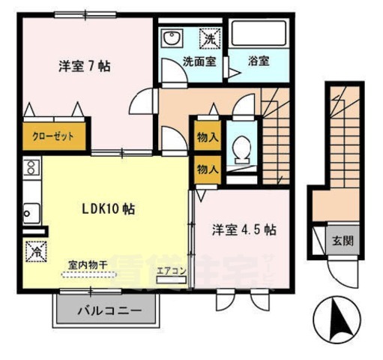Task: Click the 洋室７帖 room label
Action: pos(85,66)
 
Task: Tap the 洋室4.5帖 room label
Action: pos(243,229)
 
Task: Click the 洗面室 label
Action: pos(199,61)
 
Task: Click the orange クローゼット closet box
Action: pos(53,136)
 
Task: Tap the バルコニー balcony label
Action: pos(106,310)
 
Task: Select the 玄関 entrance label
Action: pos(343,241)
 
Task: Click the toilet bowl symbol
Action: pos(241,150)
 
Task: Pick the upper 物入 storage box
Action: pos(207,137)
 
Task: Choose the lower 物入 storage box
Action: pos(207,169)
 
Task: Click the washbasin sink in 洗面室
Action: pos(172,37)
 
